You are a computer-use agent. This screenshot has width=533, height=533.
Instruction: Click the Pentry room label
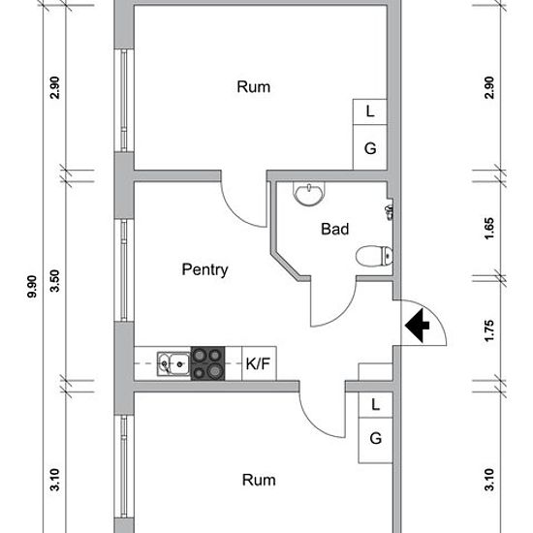coord(205,270)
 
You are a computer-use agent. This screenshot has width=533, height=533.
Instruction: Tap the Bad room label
coord(335,229)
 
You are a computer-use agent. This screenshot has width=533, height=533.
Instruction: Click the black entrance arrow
coord(418,326)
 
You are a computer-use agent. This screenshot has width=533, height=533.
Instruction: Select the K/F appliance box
coord(259,363)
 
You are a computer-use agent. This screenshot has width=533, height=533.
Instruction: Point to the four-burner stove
coord(208,363)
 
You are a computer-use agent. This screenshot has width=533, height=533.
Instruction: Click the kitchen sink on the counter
coord(173,364)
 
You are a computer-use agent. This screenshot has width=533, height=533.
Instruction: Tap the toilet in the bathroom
coord(374,256)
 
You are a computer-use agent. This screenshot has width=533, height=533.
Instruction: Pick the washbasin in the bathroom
coord(308,194)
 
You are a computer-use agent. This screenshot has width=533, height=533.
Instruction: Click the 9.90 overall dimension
coord(32,287)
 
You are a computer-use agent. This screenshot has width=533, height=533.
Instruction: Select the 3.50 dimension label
coord(54,281)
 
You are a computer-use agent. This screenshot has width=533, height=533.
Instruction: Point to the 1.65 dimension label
coord(488,229)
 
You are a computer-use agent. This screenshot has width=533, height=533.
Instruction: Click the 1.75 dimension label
coord(488,330)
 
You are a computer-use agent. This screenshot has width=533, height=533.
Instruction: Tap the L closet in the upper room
coord(370,111)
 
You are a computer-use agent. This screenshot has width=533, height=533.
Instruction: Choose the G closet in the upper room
coord(370,147)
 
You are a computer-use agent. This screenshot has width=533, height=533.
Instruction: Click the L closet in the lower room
coord(375,404)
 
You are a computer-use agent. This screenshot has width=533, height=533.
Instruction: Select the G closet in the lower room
coord(375,440)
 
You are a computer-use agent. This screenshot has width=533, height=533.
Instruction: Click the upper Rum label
coord(254,87)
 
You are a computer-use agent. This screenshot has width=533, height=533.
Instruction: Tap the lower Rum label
coord(259,481)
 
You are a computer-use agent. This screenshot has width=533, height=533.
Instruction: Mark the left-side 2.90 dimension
coord(54,87)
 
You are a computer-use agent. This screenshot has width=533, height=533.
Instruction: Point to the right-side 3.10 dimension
coord(488,480)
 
